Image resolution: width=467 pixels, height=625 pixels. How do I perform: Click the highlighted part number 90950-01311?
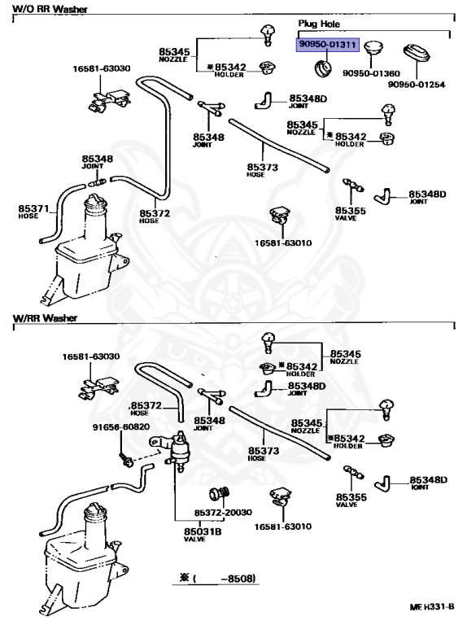[327, 44]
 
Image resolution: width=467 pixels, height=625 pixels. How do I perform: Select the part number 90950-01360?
[371, 73]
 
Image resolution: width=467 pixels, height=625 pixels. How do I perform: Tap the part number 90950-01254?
[417, 85]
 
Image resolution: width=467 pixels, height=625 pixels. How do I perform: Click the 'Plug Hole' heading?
[319, 24]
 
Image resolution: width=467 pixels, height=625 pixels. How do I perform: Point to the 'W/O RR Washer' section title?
[50, 9]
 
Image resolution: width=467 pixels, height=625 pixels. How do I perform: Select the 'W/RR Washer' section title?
[45, 318]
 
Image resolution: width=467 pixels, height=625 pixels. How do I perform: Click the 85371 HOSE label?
[33, 212]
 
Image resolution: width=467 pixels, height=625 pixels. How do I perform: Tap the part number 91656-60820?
[121, 427]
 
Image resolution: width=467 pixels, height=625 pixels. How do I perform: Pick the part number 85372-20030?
[223, 512]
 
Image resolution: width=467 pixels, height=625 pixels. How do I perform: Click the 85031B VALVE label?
[203, 535]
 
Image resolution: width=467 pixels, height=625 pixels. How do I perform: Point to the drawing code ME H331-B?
[432, 607]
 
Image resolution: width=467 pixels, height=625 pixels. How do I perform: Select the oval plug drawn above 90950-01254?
[417, 54]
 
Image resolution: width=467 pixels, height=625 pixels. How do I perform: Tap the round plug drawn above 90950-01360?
[373, 48]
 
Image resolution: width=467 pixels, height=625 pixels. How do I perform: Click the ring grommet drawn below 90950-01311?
[322, 68]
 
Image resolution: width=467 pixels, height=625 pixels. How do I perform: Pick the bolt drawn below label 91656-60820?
[125, 459]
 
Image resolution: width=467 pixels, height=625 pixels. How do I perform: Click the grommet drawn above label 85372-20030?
[220, 494]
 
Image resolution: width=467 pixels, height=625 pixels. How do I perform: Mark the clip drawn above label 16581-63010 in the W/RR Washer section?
[279, 496]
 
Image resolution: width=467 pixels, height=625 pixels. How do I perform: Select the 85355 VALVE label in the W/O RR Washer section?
[350, 214]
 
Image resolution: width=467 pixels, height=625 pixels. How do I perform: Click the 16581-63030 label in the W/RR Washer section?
[91, 356]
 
